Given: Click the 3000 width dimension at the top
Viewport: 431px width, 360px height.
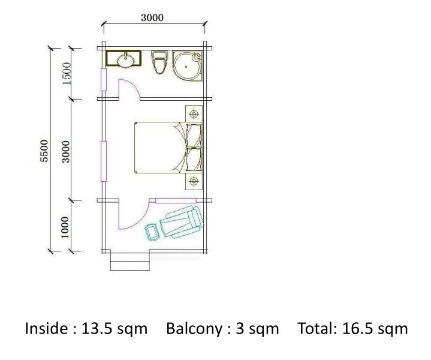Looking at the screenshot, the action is click(x=152, y=17).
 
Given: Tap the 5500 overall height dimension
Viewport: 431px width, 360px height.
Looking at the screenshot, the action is click(x=44, y=151).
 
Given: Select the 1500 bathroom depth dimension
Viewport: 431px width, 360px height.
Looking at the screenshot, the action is click(x=67, y=73).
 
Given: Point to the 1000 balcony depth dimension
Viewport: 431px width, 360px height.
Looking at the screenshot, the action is click(x=65, y=227).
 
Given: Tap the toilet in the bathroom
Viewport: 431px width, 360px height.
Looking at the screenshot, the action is click(x=159, y=62).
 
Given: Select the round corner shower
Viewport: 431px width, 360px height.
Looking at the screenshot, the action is click(x=187, y=67).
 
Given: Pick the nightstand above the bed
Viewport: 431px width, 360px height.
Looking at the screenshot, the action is click(x=194, y=113).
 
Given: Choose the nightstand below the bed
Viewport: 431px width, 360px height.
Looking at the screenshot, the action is click(x=194, y=181).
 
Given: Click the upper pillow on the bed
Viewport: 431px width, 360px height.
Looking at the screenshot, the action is click(x=194, y=136).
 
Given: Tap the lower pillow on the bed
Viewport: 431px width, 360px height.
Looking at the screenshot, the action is click(x=194, y=160).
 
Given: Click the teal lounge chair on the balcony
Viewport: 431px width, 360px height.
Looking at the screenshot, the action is click(x=182, y=222).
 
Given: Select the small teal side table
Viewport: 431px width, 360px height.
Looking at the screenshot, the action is click(x=152, y=233).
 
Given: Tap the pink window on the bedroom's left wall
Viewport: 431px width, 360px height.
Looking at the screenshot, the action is click(x=104, y=161).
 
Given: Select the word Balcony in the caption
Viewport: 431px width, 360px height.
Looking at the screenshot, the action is click(x=194, y=329).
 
